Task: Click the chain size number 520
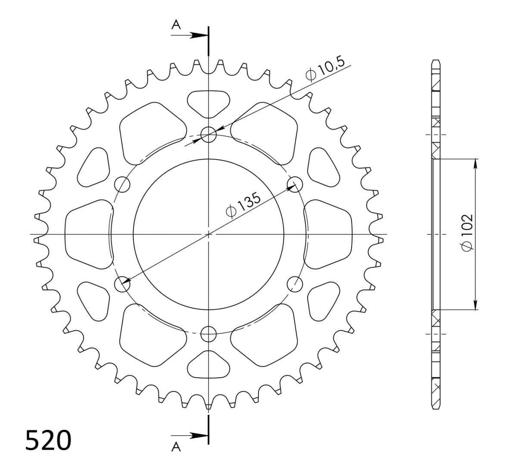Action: (48, 440)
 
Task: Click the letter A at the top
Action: (176, 25)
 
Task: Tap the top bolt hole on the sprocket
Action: (209, 135)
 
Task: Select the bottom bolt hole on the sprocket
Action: (209, 334)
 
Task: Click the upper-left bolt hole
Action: (122, 184)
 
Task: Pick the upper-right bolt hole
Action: (295, 184)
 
